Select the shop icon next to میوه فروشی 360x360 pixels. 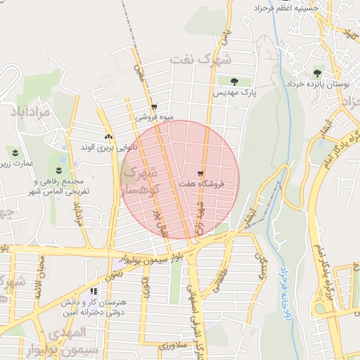pyautogui.click(x=154, y=108)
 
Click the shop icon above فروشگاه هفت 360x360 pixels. pyautogui.click(x=200, y=174)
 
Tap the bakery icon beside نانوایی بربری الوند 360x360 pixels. pyautogui.click(x=108, y=137)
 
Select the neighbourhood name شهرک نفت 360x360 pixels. pyautogui.click(x=200, y=60)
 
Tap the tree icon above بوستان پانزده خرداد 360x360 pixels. pyautogui.click(x=318, y=72)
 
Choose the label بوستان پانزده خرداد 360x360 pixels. pyautogui.click(x=318, y=84)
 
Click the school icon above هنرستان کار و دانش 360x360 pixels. pyautogui.click(x=94, y=291)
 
